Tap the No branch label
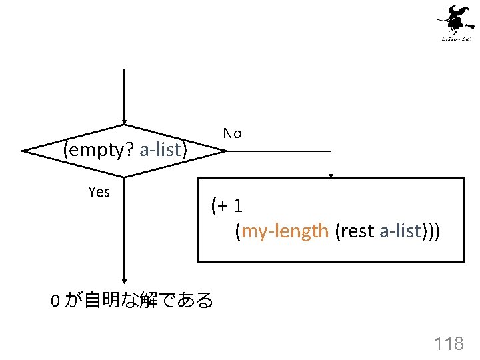[232, 133]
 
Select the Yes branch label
[99, 193]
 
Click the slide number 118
[448, 344]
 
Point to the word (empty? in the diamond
[99, 150]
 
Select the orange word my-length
[285, 231]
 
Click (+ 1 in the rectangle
[225, 206]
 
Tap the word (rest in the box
[354, 231]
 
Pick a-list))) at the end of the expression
[409, 231]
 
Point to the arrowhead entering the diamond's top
[124, 121]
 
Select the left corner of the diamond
[23, 151]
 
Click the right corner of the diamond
[226, 151]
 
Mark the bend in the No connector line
[331, 151]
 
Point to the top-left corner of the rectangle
[199, 179]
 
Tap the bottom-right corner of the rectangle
[463, 261]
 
